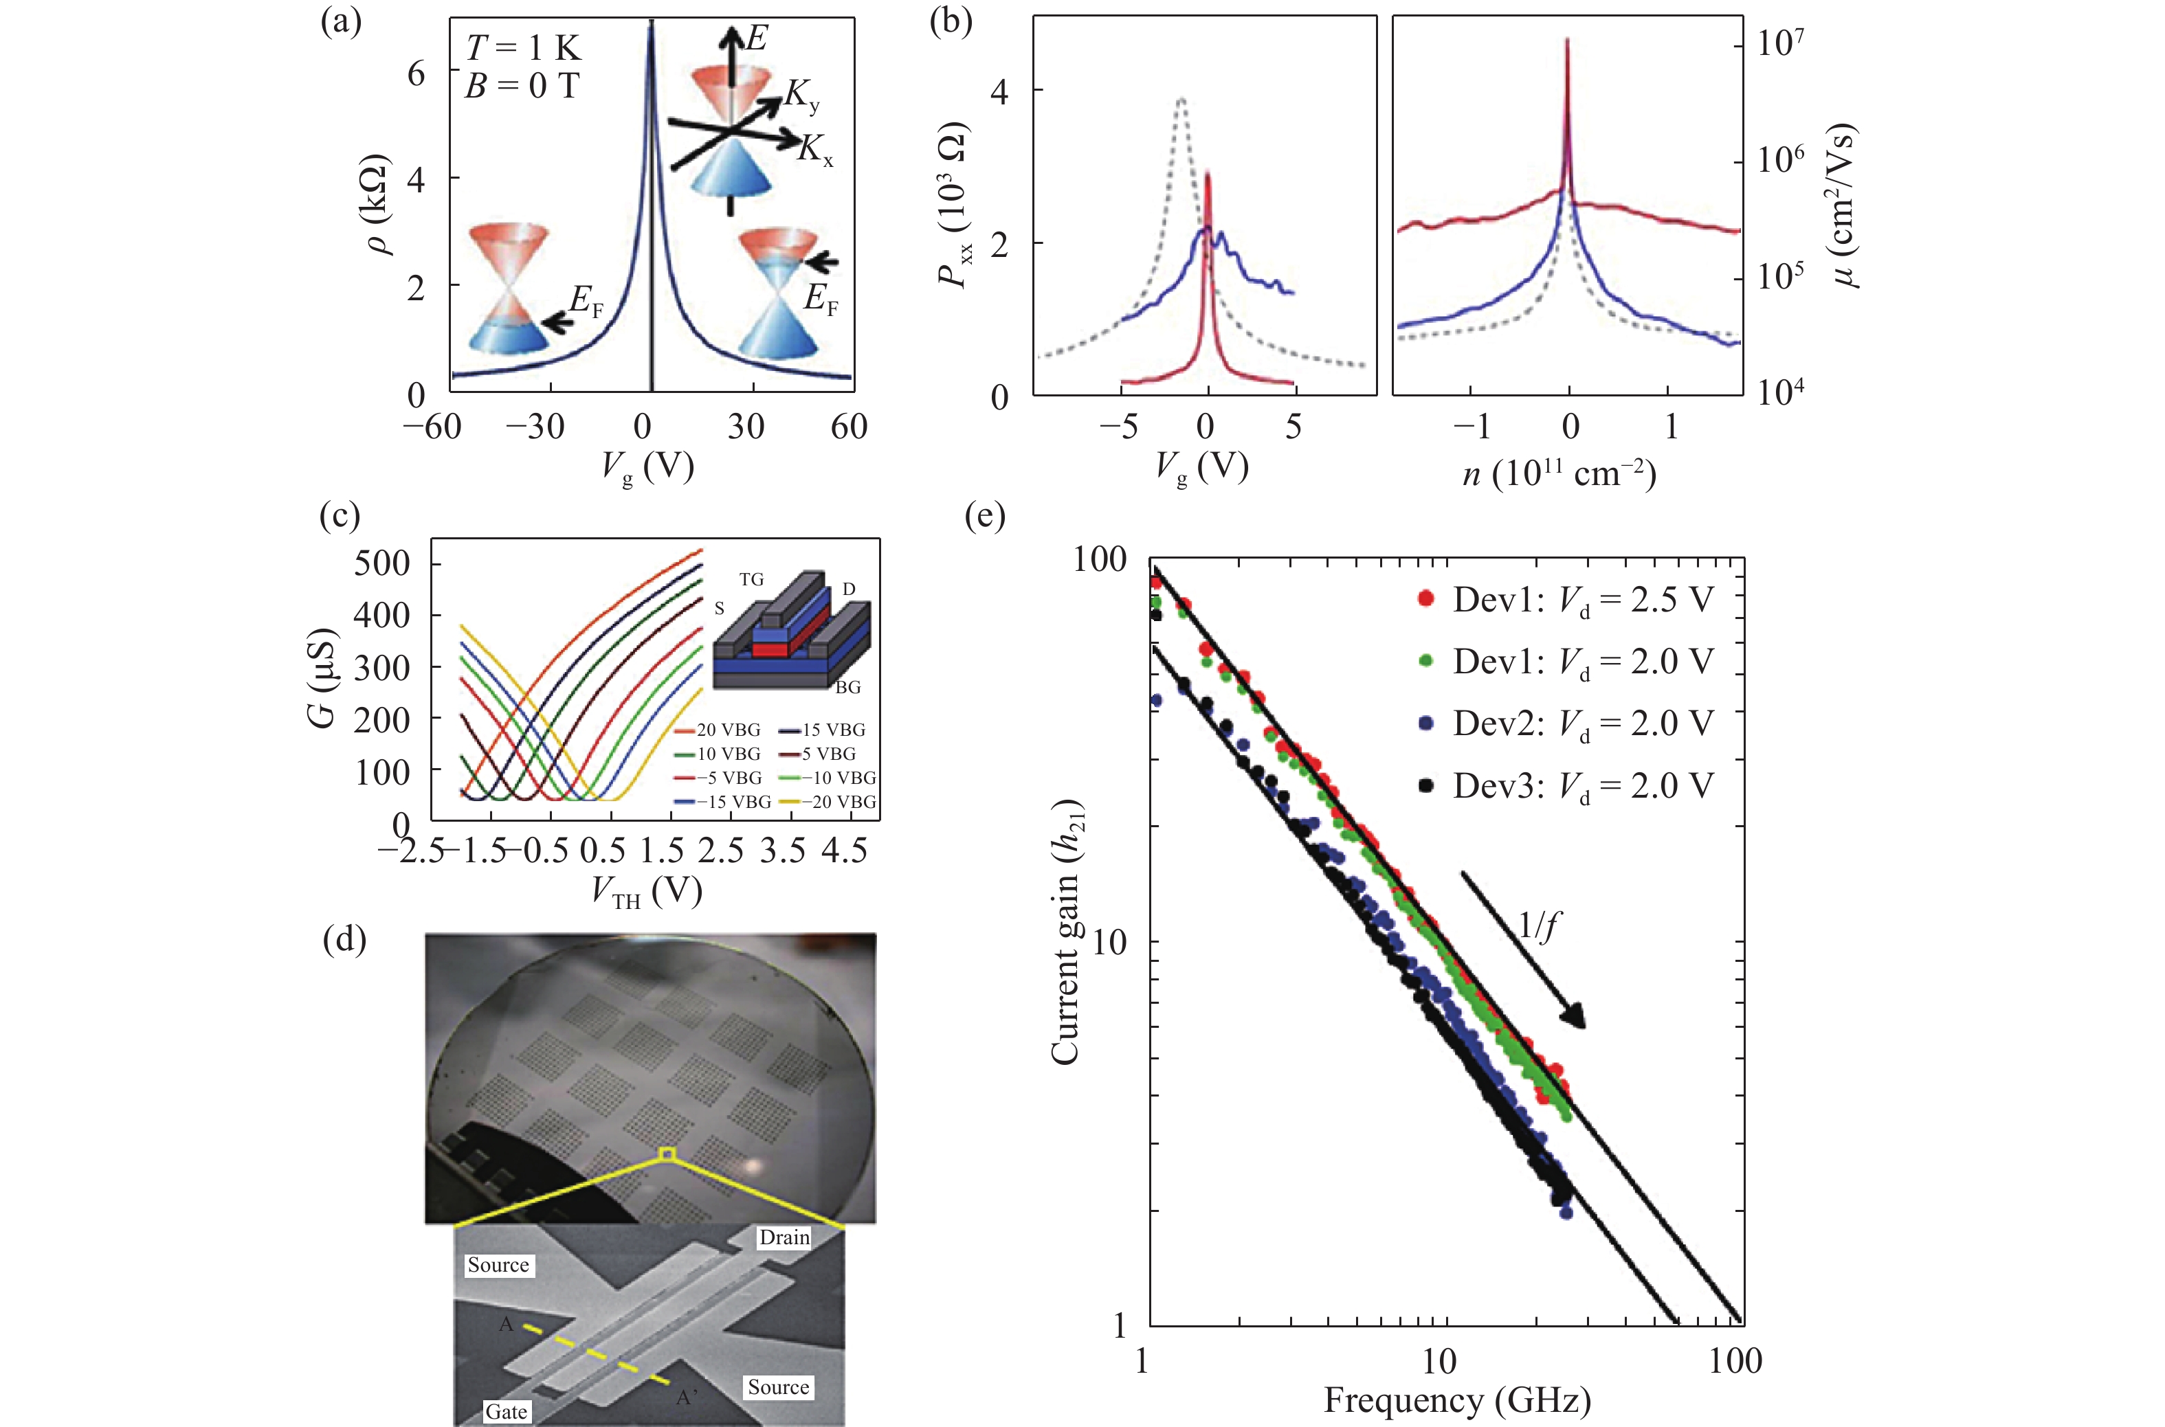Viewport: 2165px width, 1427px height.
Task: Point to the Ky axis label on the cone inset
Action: pyautogui.click(x=803, y=96)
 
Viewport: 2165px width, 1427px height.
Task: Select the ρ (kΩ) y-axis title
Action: pyautogui.click(x=379, y=205)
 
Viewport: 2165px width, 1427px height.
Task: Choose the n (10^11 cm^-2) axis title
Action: pyautogui.click(x=1557, y=474)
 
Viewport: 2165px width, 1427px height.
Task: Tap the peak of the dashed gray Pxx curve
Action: pyautogui.click(x=1181, y=98)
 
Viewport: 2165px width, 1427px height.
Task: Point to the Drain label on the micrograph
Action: pyautogui.click(x=784, y=1237)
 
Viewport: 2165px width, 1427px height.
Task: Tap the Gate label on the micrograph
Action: pyautogui.click(x=505, y=1411)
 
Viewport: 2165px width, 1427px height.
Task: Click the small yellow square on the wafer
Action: pyautogui.click(x=667, y=1154)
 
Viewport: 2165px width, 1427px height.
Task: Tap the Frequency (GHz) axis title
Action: pyautogui.click(x=1456, y=1400)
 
